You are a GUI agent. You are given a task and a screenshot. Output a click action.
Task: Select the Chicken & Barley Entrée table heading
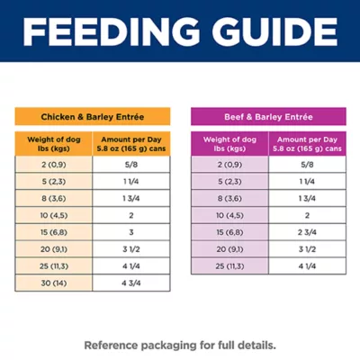click(x=92, y=117)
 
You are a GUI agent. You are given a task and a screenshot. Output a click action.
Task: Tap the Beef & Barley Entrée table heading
click(x=266, y=117)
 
